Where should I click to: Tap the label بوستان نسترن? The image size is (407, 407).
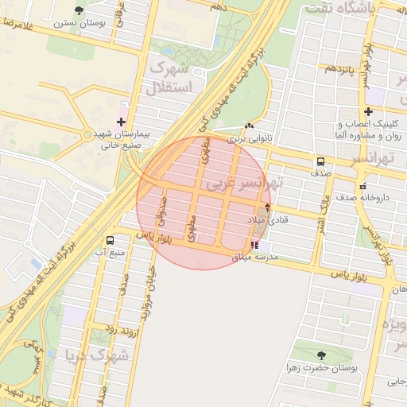click(x=79, y=23)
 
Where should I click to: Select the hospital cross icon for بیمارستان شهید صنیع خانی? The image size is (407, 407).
click(x=121, y=122)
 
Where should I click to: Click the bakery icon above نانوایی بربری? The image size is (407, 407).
click(x=250, y=126)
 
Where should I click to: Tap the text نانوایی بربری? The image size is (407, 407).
click(x=250, y=138)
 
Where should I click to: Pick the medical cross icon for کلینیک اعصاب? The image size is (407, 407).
click(x=368, y=111)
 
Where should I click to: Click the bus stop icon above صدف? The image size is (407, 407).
click(x=320, y=160)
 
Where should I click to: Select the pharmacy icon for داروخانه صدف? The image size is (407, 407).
click(x=363, y=185)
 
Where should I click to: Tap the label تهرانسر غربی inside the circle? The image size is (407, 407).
click(x=243, y=184)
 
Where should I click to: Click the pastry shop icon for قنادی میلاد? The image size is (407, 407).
click(x=268, y=207)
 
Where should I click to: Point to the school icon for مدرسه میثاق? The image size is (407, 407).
click(x=254, y=245)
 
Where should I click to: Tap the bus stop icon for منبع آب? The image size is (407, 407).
click(x=109, y=239)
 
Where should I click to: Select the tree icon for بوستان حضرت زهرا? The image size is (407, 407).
click(x=321, y=355)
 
